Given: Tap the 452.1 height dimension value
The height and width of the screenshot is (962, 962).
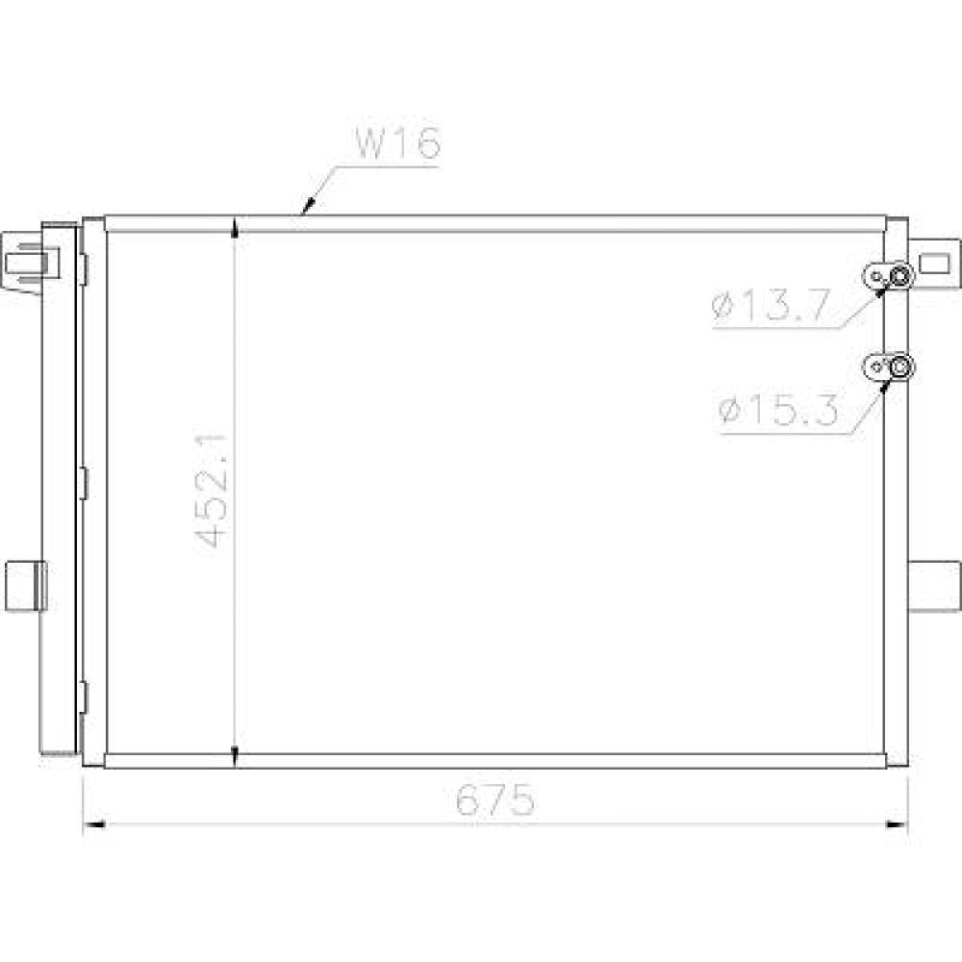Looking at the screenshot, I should tap(212, 490).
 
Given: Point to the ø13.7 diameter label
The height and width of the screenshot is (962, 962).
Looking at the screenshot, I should tap(770, 308).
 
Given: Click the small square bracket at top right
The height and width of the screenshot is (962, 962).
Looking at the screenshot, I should tap(934, 262).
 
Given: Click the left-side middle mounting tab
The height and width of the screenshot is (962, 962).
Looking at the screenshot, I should tap(26, 585).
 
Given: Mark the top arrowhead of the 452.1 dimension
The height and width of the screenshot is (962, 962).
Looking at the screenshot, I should tap(236, 227).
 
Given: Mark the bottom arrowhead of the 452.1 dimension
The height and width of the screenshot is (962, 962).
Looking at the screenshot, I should tap(236, 758).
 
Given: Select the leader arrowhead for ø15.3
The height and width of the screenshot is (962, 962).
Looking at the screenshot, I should tap(887, 384).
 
